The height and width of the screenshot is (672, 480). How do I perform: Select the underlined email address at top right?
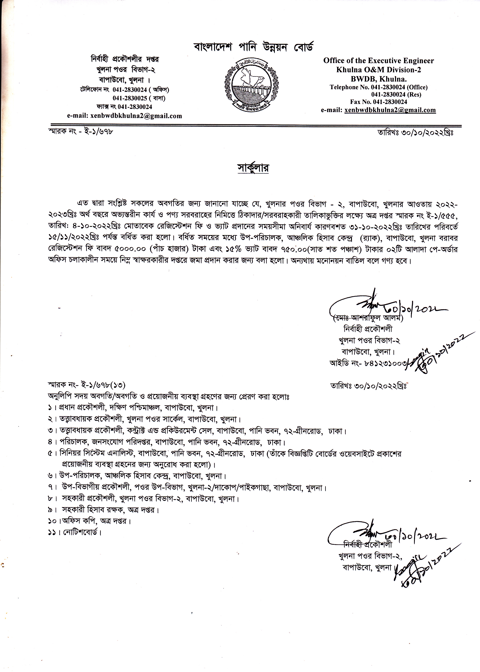click(390, 110)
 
